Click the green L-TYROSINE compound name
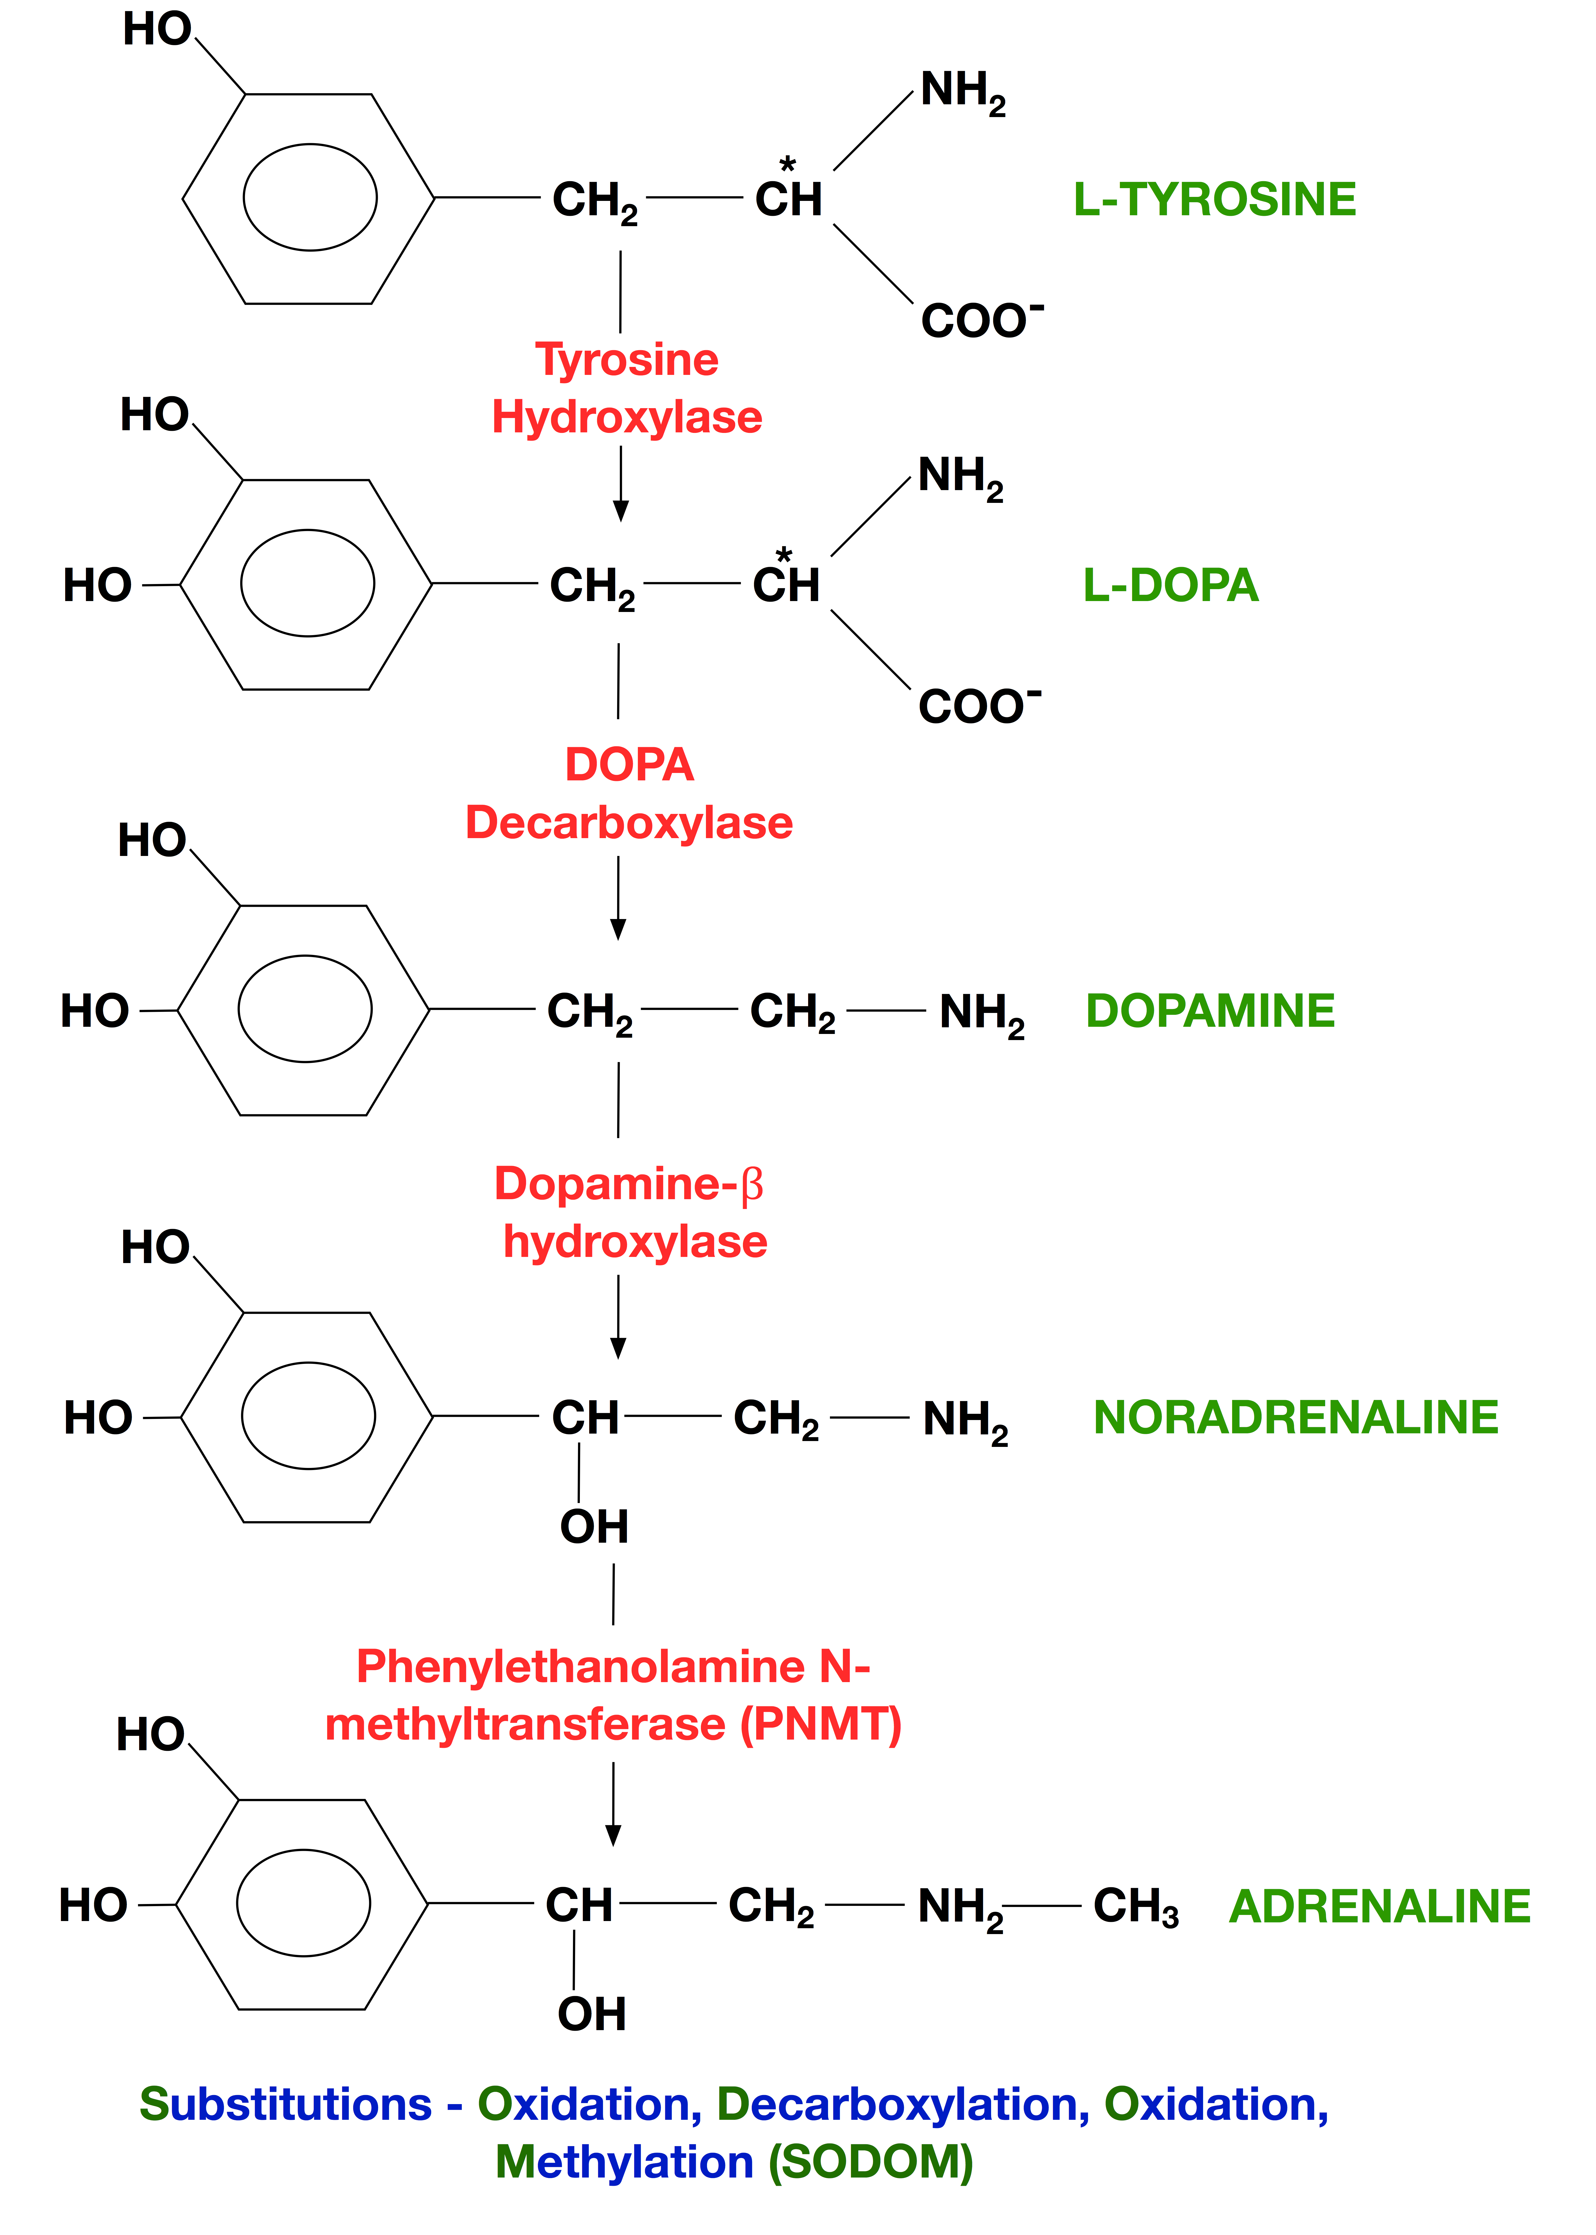click(x=1215, y=200)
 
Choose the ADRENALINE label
click(x=1380, y=1906)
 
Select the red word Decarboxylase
click(x=629, y=823)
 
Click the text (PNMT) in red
click(x=821, y=1725)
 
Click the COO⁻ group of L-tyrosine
click(x=982, y=320)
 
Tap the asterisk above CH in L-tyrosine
click(x=787, y=164)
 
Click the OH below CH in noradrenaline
click(x=594, y=1526)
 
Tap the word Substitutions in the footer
click(x=285, y=2104)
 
